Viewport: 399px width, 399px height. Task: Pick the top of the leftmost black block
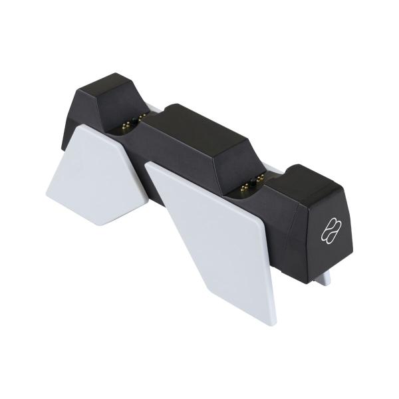(110, 85)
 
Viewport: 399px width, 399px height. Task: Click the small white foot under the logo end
(326, 279)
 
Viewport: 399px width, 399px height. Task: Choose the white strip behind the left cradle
(152, 106)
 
